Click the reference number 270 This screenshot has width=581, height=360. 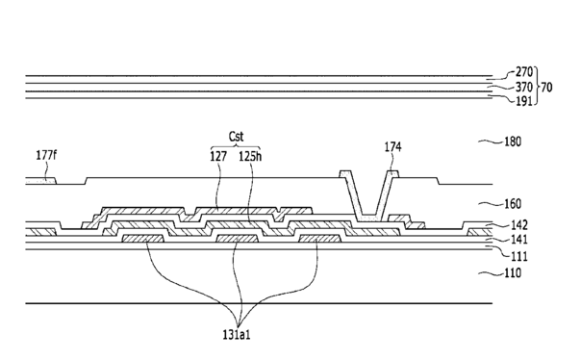[x=523, y=72]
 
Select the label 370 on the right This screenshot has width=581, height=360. [x=523, y=88]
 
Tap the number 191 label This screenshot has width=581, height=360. [x=523, y=101]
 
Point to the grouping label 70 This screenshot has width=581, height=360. [x=546, y=88]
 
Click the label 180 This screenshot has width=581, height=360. [x=513, y=141]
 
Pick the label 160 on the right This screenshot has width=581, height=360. [x=513, y=204]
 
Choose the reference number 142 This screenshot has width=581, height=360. [x=518, y=225]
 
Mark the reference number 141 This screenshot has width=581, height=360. [x=518, y=240]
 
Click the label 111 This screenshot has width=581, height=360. [x=518, y=256]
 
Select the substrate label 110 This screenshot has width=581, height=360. [x=513, y=273]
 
